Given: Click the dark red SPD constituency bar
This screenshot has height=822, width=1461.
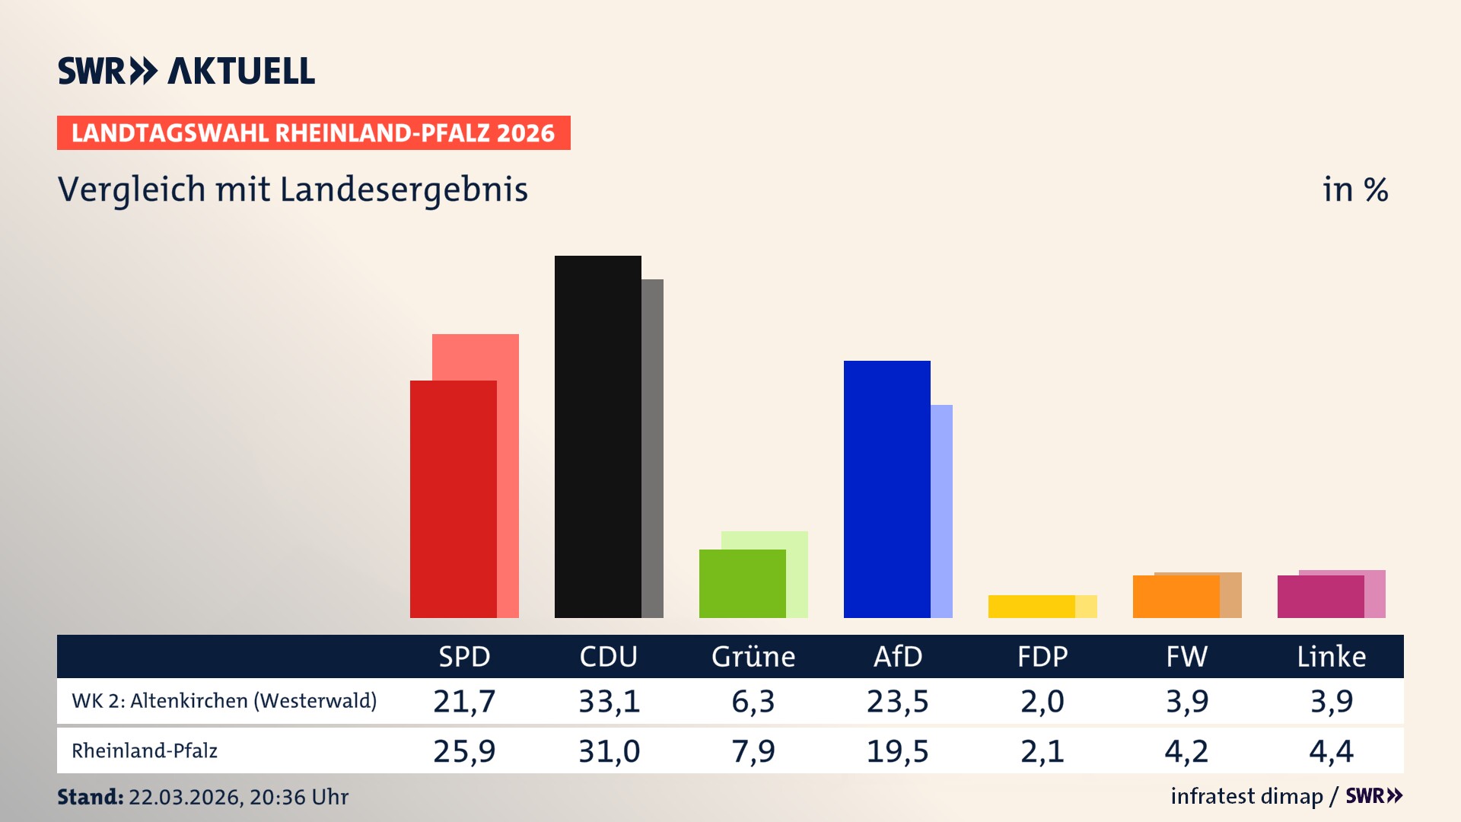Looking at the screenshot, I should [453, 499].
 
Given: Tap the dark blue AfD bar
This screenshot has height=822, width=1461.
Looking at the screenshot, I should [886, 489].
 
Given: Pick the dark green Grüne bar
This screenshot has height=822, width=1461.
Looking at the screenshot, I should [742, 583].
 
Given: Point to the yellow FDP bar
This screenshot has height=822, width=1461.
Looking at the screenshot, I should [1031, 607].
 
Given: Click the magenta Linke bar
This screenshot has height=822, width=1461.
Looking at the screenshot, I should [1320, 597].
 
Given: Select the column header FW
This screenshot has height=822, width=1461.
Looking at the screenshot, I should [1186, 656].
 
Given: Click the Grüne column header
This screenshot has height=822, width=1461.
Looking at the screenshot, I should [753, 656].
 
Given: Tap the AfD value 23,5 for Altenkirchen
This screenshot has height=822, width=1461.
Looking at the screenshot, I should [897, 701].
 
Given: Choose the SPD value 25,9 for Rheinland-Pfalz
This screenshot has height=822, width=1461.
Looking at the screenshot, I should [464, 751].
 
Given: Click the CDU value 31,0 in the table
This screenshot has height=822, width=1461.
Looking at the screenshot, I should [609, 751].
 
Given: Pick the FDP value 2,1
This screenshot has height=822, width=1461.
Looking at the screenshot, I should [1042, 751].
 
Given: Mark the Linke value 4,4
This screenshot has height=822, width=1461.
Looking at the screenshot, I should [1331, 751].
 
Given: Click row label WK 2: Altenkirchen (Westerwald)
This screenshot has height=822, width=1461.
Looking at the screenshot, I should [224, 701].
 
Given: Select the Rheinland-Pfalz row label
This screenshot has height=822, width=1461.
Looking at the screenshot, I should [145, 751].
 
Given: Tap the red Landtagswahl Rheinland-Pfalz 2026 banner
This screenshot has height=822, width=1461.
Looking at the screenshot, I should [314, 133].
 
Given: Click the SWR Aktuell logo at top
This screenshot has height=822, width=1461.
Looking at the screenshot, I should [186, 71].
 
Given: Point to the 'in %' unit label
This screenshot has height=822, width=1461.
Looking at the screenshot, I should [1355, 190].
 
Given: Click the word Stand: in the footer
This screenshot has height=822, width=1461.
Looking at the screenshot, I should [90, 797].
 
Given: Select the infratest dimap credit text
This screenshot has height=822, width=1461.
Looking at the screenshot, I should [1246, 796].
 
